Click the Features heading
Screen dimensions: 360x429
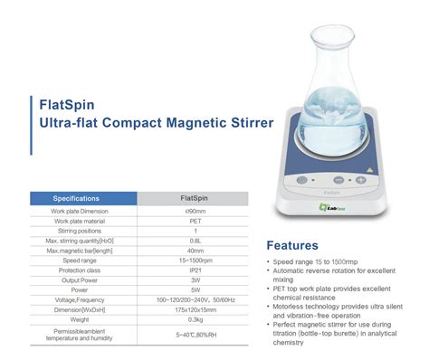[x=292, y=245]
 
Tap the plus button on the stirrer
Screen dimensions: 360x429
[x=360, y=180]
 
